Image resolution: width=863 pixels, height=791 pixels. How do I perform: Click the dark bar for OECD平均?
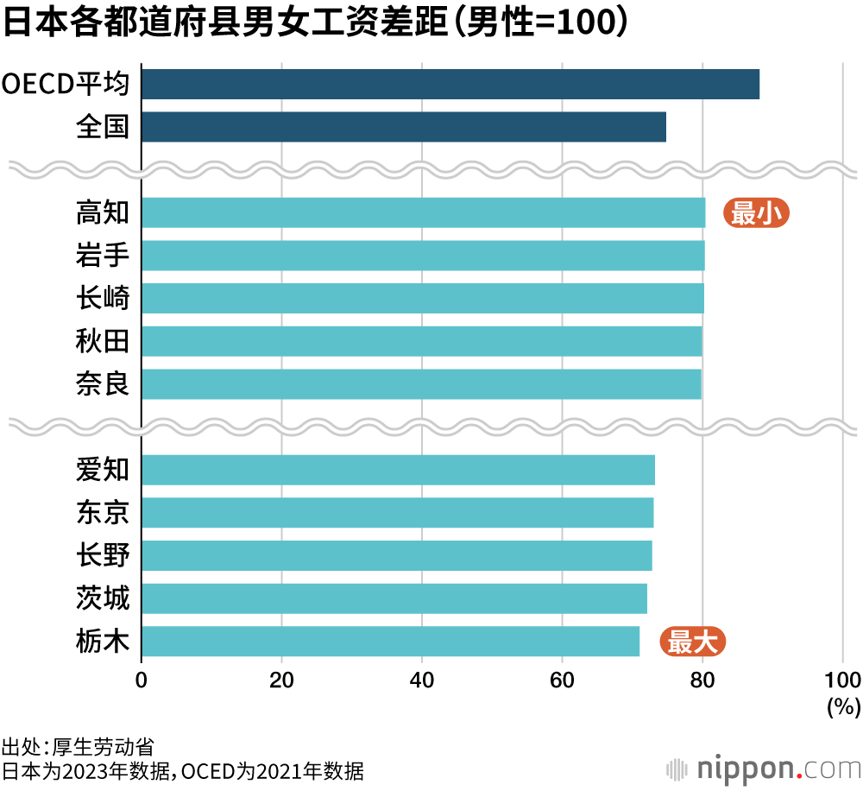tap(450, 85)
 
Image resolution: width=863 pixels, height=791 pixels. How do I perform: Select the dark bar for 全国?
tap(403, 127)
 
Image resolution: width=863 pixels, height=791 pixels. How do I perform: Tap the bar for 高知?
tap(423, 212)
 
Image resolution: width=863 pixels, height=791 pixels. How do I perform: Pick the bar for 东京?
tap(397, 513)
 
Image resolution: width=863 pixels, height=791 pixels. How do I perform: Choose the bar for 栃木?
tap(390, 642)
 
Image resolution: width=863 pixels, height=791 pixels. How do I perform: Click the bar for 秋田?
tap(421, 341)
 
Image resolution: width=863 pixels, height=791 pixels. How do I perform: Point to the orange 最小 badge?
tap(756, 213)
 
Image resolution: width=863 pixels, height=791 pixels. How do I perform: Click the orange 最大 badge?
tap(692, 642)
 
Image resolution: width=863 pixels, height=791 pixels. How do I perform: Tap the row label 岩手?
tap(103, 256)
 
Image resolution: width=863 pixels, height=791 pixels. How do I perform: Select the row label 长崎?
tap(103, 298)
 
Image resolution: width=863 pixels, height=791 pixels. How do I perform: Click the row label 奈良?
tap(103, 383)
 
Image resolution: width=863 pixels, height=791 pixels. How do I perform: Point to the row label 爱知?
tap(103, 470)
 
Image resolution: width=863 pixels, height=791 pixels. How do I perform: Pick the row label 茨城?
tap(103, 598)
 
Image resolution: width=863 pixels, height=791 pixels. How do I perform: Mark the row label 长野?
tap(103, 555)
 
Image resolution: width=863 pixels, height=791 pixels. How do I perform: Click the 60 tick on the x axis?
tap(562, 678)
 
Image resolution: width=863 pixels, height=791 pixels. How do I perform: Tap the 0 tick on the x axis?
tap(142, 678)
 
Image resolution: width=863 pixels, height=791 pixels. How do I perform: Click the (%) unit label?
tap(843, 707)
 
